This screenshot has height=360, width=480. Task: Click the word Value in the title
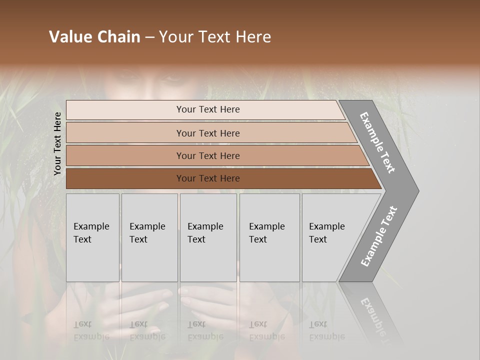tap(70, 37)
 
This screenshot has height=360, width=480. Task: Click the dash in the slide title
tap(149, 37)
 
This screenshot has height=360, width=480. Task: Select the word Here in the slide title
tap(253, 37)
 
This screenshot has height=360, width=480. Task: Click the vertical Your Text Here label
tap(57, 144)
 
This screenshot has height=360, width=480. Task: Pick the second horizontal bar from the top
tap(207, 133)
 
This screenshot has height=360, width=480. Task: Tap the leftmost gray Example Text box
tap(92, 237)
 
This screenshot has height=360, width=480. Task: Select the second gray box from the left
tap(149, 237)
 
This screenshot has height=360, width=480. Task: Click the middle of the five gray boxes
tap(208, 237)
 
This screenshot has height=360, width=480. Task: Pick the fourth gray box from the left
tap(269, 237)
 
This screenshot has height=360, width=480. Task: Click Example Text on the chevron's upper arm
tap(378, 142)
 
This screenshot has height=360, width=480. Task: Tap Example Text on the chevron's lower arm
tap(378, 236)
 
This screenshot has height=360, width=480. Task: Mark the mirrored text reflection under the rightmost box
tap(326, 330)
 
